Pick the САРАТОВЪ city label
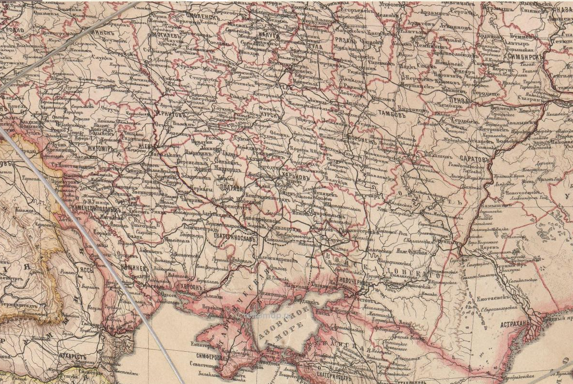(473, 159)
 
